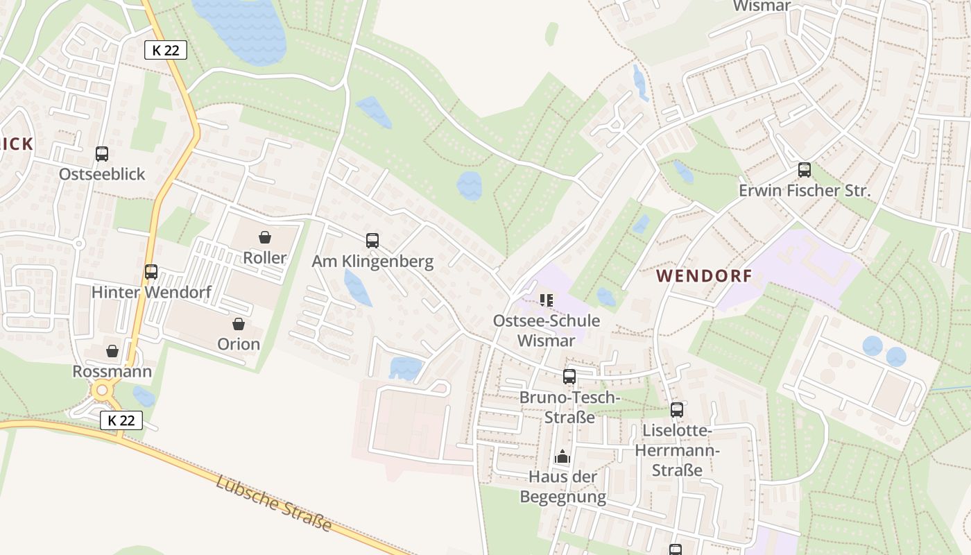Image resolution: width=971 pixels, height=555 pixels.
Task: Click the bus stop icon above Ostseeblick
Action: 102,154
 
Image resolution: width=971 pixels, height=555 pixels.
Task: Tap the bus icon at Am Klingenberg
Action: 372,241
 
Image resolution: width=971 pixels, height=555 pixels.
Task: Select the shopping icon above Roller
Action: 265,237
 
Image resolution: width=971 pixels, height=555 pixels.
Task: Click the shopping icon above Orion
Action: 239,324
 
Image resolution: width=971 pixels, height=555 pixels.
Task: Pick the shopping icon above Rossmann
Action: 112,352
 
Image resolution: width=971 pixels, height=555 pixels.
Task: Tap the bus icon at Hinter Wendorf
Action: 151,272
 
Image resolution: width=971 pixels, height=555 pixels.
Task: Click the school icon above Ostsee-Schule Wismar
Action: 547,300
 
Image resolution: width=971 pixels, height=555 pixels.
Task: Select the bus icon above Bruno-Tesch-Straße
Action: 569,377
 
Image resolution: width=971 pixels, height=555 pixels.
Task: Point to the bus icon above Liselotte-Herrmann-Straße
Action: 677,410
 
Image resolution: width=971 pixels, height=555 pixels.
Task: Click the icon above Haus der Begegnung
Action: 562,456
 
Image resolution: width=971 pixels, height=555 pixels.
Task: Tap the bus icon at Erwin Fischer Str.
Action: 805,170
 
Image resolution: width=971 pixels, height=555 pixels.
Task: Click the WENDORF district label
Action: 704,276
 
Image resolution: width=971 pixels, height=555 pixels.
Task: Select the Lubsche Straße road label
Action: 273,504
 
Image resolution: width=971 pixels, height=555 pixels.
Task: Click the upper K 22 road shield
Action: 166,50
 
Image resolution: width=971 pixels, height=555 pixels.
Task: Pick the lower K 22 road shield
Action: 121,420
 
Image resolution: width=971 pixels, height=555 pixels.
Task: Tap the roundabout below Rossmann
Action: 103,391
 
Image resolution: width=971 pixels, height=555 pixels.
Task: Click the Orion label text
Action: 239,344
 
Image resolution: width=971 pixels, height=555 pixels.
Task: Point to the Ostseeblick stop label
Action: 102,174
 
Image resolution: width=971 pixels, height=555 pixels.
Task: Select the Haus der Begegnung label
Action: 562,487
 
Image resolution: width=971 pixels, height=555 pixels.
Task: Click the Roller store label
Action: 265,258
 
